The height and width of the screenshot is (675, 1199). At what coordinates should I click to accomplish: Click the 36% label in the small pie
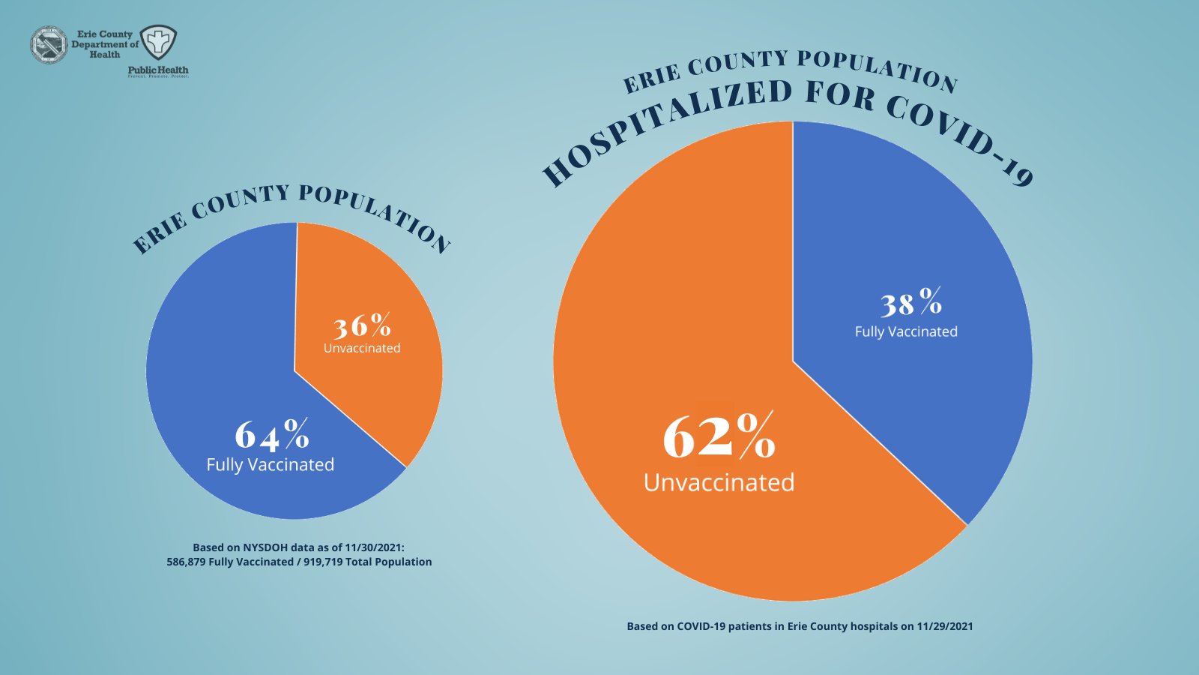click(x=362, y=326)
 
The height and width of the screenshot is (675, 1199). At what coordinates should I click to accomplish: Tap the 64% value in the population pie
click(x=271, y=434)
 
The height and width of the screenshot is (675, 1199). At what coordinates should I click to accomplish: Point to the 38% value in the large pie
click(x=910, y=303)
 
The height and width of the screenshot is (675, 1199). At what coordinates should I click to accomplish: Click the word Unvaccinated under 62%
click(x=719, y=482)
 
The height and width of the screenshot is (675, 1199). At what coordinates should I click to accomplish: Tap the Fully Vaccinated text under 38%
click(x=906, y=331)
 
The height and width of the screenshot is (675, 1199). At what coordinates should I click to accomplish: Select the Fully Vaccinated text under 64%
click(x=270, y=465)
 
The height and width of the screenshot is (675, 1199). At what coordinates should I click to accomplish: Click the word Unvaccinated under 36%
click(x=362, y=348)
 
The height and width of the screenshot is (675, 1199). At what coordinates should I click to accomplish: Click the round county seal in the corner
click(x=49, y=44)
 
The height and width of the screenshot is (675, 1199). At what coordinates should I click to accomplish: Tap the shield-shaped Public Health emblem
click(x=159, y=43)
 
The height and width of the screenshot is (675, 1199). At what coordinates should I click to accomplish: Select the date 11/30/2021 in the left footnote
click(x=374, y=547)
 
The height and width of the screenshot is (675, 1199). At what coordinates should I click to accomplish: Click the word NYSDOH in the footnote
click(x=265, y=547)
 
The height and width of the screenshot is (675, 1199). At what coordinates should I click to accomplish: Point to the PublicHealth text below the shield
click(x=158, y=70)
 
